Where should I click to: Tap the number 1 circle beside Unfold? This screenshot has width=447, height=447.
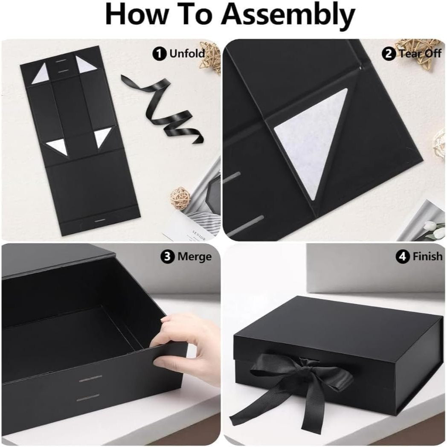point(160,54)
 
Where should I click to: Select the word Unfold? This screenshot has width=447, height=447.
point(187,54)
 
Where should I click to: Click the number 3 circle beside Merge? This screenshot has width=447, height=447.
point(168,257)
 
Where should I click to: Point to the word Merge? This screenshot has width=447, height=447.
point(194,257)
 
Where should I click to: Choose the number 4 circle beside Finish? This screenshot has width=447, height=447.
point(403,257)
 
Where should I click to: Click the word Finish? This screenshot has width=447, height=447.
point(428,257)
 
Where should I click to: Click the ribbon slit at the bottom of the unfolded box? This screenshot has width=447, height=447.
point(100,221)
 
